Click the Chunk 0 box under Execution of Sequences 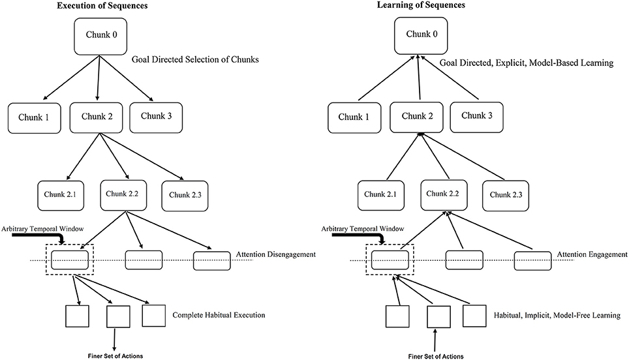coord(100,37)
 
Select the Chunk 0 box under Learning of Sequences coord(421,36)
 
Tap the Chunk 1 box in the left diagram coord(35,118)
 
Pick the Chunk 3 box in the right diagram coord(476,117)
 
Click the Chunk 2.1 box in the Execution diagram coord(61,196)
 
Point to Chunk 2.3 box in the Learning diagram coord(506,196)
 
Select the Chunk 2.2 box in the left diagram coord(123,195)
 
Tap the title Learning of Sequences coord(421,5)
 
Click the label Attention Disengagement coord(275,254)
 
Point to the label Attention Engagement coord(592,254)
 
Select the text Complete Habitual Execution coord(219,315)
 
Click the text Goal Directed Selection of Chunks coord(195,60)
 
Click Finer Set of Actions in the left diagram coord(115,356)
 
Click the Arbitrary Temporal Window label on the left coord(42,229)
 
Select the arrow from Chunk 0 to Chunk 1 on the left coord(71,78)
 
